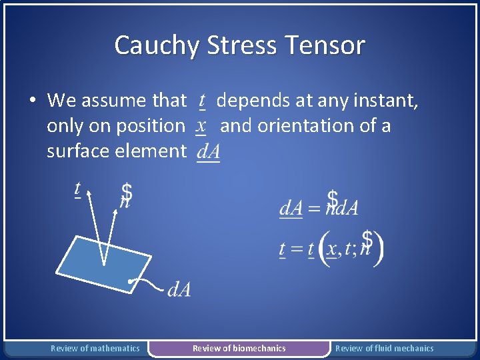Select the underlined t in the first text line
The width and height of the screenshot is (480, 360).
pos(201,101)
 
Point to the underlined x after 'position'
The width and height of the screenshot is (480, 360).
pos(200,125)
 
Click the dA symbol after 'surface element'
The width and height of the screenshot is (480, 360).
pos(208,151)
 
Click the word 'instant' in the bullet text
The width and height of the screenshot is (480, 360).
pos(392,101)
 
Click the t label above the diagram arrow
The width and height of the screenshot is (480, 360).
pos(77,189)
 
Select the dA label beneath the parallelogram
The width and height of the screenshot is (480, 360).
pos(179,289)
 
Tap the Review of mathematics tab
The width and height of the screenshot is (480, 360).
pos(95,348)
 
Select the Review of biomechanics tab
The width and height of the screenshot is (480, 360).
pos(239,348)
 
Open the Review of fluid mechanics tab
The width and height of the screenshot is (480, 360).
pos(384,348)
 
